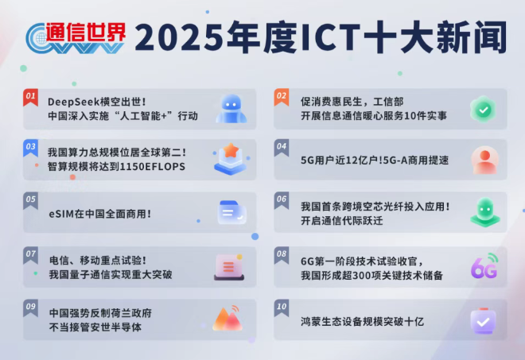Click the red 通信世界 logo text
coord(85,32)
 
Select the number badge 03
coord(31,146)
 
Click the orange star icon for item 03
coord(230,157)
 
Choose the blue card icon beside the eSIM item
coord(232,212)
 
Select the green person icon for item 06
coord(484,212)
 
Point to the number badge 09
coord(31,306)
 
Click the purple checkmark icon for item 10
coord(483,321)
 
